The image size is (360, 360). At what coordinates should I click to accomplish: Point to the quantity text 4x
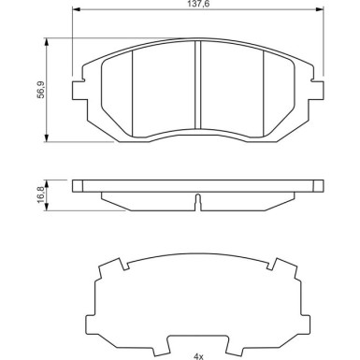tap(198, 356)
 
